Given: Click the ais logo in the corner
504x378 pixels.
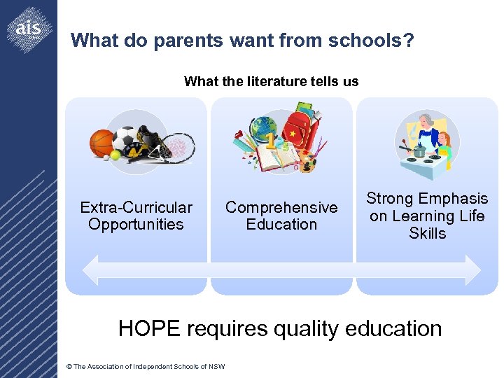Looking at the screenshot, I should pyautogui.click(x=29, y=29).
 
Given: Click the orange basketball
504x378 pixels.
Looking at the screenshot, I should pyautogui.click(x=102, y=142).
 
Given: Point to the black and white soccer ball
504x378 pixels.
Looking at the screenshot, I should pyautogui.click(x=125, y=136).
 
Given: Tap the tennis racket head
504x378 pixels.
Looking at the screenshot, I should pyautogui.click(x=181, y=147).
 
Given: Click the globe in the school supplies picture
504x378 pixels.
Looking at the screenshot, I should pyautogui.click(x=265, y=129).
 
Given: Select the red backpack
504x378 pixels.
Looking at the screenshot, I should pyautogui.click(x=297, y=132).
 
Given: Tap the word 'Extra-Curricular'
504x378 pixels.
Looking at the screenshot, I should pyautogui.click(x=136, y=208).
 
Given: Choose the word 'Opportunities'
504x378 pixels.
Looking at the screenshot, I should pyautogui.click(x=136, y=225).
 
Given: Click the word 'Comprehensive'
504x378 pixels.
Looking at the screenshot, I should pyautogui.click(x=281, y=208).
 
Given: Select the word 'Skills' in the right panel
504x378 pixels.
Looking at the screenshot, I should pyautogui.click(x=427, y=233).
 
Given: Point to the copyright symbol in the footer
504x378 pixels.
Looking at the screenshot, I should pyautogui.click(x=69, y=367).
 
